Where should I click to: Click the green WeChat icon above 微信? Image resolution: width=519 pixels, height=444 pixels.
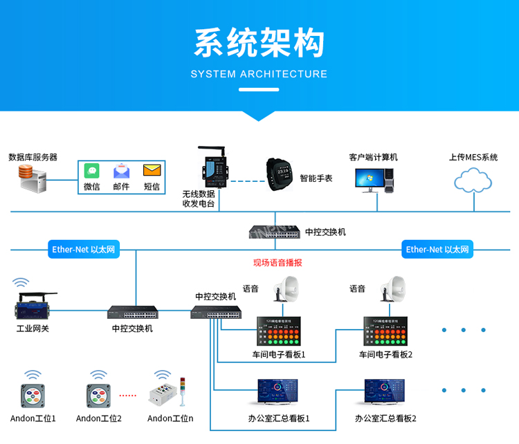click(x=91, y=170)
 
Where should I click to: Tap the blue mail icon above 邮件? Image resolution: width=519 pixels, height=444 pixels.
click(x=121, y=170)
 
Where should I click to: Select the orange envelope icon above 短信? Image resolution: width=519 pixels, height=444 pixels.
click(x=152, y=169)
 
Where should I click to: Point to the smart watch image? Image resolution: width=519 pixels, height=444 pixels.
click(x=281, y=174)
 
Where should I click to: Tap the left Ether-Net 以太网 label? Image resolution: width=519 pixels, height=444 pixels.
click(x=84, y=250)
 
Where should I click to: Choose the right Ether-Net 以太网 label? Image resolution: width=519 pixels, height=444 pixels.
click(x=437, y=250)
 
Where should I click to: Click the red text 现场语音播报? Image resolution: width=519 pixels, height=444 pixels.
click(x=277, y=263)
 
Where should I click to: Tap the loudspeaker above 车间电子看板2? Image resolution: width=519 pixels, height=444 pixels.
click(x=394, y=288)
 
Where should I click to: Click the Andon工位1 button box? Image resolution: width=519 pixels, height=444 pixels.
click(x=33, y=395)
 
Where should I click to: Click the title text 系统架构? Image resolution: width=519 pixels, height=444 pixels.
click(x=259, y=43)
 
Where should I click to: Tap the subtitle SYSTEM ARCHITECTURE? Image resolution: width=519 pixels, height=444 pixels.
click(x=259, y=74)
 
